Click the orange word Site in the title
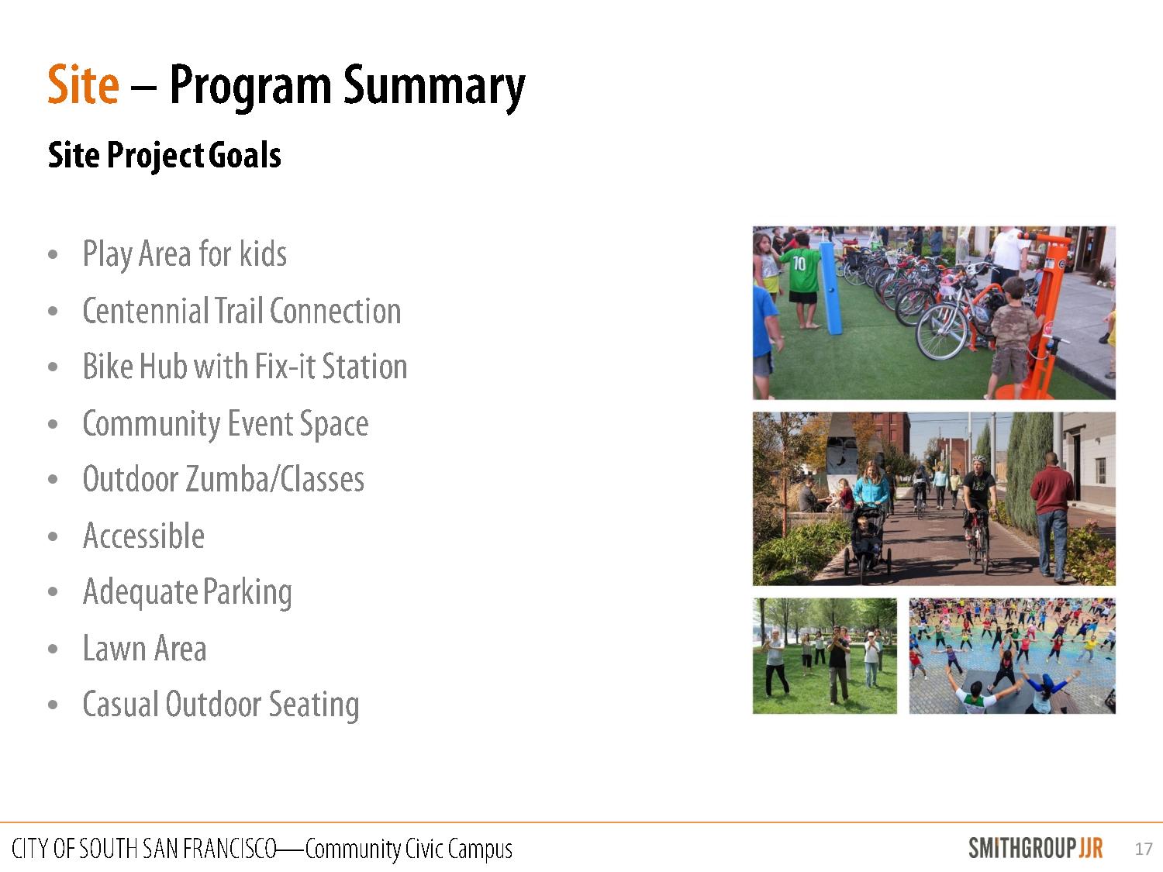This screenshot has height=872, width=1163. (x=83, y=84)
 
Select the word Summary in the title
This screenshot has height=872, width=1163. (x=434, y=88)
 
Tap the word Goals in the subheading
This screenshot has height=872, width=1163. (x=244, y=155)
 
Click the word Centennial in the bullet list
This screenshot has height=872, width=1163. (x=145, y=311)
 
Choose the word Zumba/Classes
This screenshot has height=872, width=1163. (x=275, y=479)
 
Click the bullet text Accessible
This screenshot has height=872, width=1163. (x=143, y=536)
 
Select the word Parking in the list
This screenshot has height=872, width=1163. (x=247, y=593)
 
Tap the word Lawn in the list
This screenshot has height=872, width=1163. (x=114, y=648)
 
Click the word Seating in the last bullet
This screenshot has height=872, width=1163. (x=314, y=705)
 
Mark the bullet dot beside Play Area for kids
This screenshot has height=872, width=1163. (x=53, y=255)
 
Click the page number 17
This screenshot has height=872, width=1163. (x=1143, y=849)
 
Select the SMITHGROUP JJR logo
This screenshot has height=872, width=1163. (x=1035, y=848)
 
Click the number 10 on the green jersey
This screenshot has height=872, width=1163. (x=799, y=263)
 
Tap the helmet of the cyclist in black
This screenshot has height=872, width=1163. (x=979, y=460)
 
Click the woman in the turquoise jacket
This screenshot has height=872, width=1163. (x=871, y=484)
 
